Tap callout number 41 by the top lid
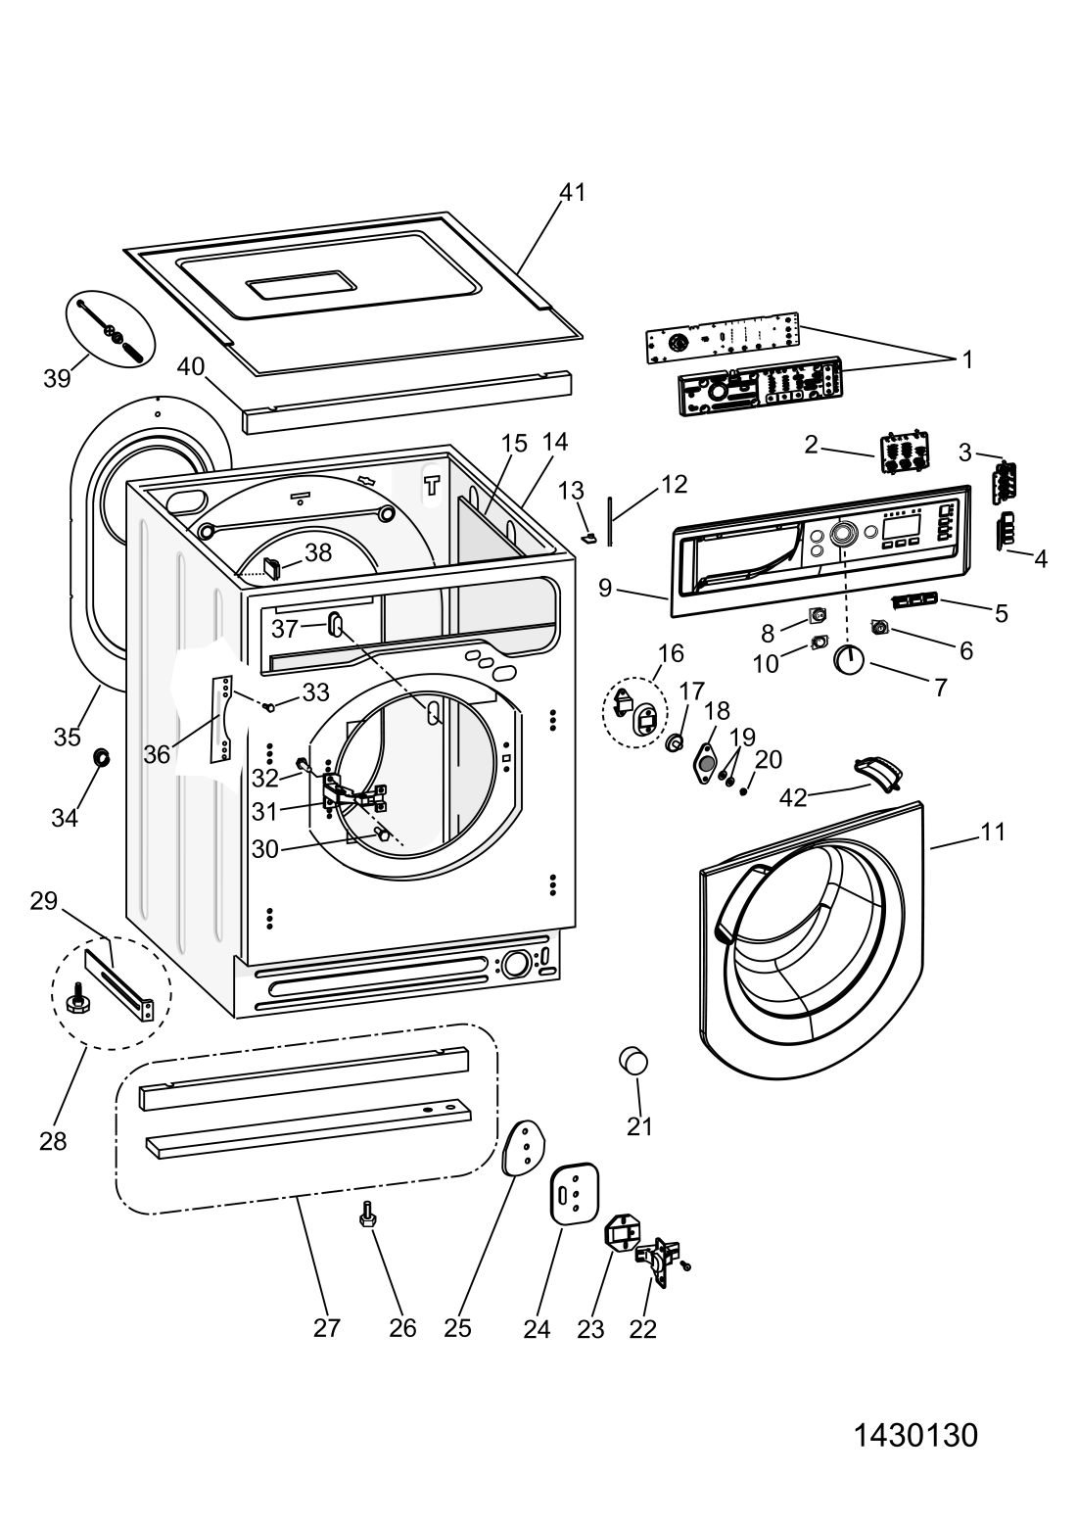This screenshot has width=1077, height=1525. coord(572,193)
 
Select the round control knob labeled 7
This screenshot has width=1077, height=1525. coord(849,660)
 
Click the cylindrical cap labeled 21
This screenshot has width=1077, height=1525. coord(632,1062)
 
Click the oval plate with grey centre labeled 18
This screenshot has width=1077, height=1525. coord(706,765)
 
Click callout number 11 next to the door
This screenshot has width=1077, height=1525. coord(993,832)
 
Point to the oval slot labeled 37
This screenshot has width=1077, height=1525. coord(336,624)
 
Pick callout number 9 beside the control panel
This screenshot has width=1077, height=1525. coord(605,588)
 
